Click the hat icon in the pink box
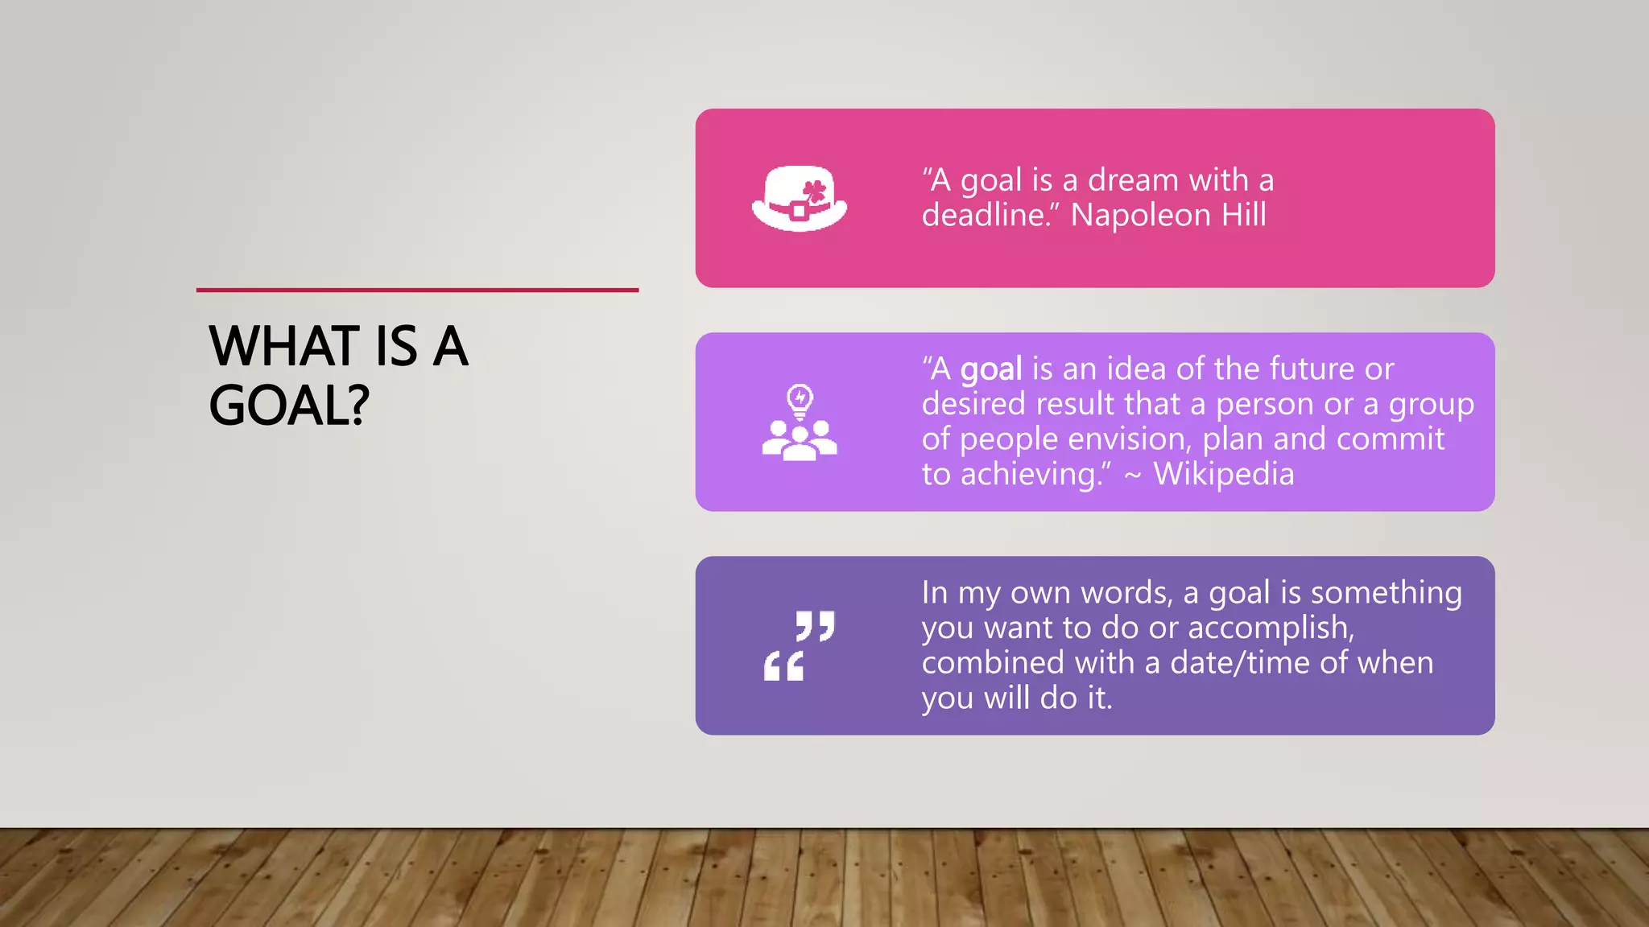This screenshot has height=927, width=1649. click(x=799, y=199)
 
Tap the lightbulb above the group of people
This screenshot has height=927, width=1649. click(x=800, y=399)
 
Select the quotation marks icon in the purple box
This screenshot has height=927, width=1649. click(x=799, y=645)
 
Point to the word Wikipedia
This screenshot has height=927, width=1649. click(x=1223, y=474)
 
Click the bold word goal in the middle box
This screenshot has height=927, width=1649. click(x=991, y=369)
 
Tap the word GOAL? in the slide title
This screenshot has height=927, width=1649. click(x=289, y=405)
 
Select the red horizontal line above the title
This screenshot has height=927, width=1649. click(x=417, y=290)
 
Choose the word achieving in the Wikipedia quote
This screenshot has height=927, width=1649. click(x=1031, y=475)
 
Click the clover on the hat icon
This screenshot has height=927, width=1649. click(x=815, y=192)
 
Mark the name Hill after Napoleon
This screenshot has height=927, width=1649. click(x=1244, y=216)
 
